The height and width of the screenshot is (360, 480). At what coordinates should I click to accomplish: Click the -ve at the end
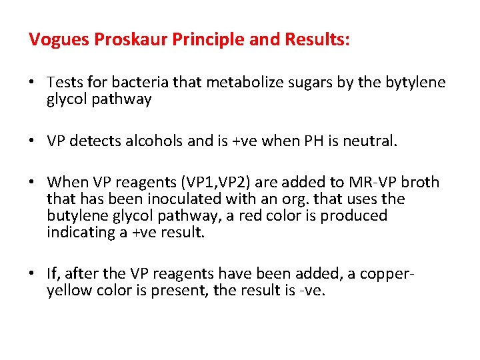tap(311, 291)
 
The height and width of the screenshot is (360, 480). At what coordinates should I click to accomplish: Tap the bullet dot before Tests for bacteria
tap(33, 83)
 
